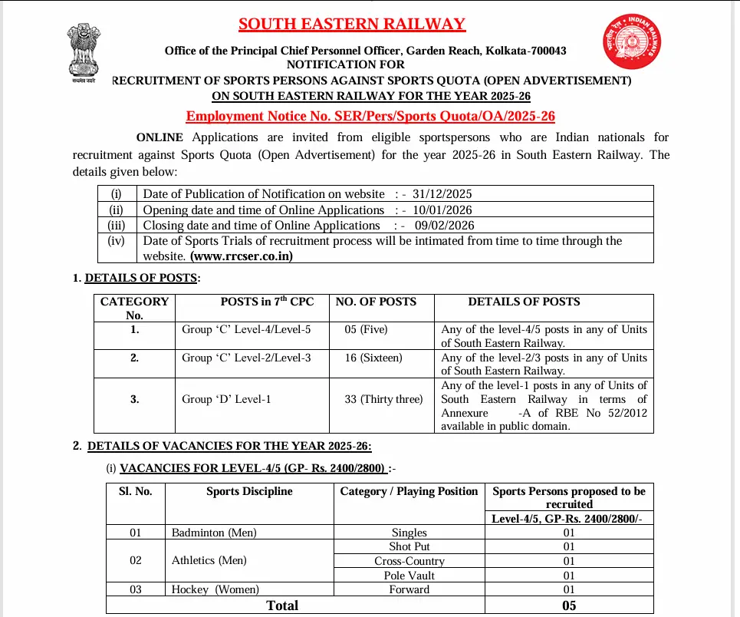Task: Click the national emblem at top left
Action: (81, 52)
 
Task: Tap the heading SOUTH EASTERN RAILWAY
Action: (352, 24)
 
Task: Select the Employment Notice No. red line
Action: (370, 116)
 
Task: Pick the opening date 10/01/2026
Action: (444, 210)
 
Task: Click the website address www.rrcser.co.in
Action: (242, 256)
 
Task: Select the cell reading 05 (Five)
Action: (367, 329)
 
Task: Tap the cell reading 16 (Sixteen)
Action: (373, 358)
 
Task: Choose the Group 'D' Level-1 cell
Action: (226, 399)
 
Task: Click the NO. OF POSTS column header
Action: (377, 302)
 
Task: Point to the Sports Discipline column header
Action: (249, 491)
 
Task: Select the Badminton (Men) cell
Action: (214, 532)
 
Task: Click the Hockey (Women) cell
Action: (215, 589)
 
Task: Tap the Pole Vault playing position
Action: (409, 575)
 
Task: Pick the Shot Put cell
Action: (409, 546)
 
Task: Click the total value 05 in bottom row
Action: (569, 605)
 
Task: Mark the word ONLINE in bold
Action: (160, 137)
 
